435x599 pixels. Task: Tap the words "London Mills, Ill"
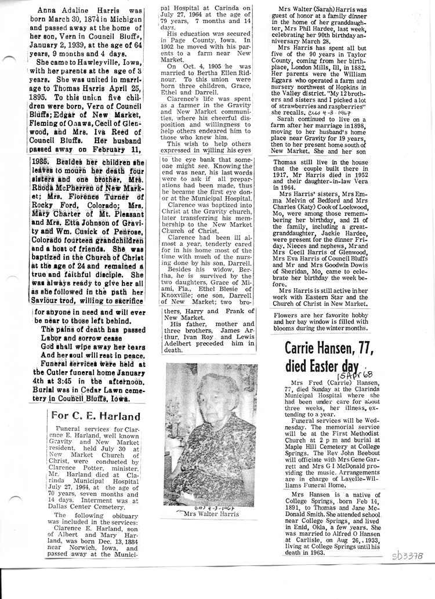click(x=313, y=82)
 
